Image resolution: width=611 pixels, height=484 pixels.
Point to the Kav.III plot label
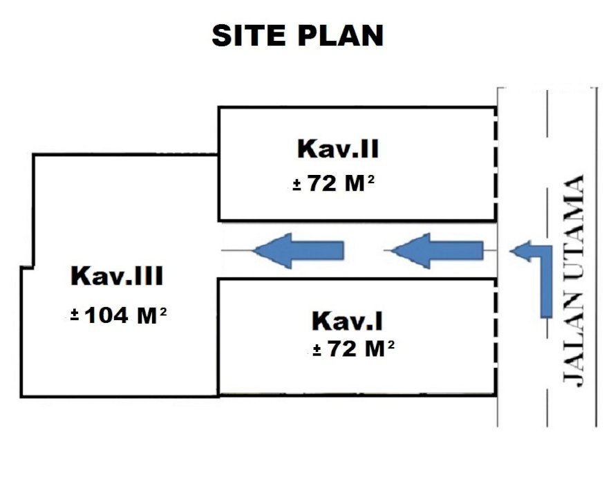117,277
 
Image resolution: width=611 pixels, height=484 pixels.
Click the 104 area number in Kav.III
106,316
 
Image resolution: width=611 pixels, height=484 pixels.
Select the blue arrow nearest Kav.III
299,249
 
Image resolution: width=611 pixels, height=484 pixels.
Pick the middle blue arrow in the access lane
438,249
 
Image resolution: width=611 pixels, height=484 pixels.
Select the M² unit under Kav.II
361,185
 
